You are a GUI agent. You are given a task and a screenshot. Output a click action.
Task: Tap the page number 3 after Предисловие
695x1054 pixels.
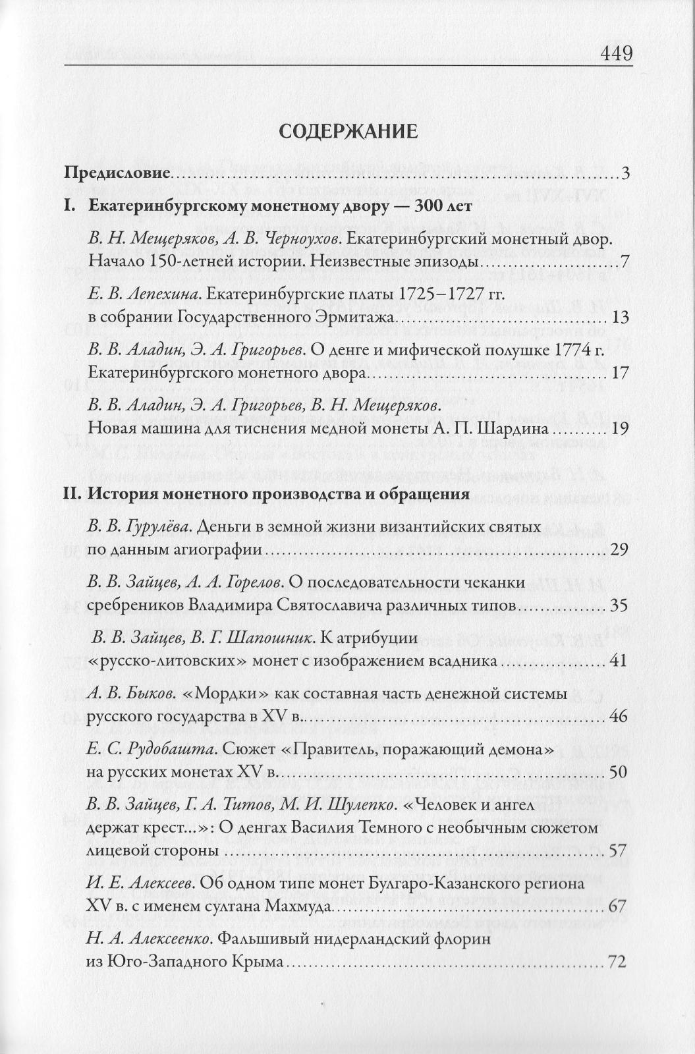(625, 174)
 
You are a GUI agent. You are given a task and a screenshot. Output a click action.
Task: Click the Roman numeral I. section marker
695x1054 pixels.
(70, 206)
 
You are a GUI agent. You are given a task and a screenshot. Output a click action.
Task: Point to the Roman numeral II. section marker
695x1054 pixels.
(72, 493)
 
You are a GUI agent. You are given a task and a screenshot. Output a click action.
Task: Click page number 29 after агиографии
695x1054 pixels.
(619, 550)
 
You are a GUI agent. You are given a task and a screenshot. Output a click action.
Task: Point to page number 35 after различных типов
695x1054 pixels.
(619, 605)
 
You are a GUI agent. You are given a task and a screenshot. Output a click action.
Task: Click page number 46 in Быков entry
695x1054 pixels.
(619, 716)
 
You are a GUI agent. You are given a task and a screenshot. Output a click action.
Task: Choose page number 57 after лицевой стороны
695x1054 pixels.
(619, 850)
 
